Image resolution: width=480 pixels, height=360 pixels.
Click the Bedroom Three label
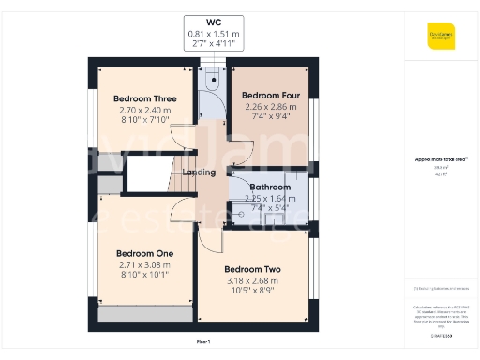(x=145, y=98)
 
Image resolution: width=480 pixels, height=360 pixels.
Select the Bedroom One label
(x=145, y=253)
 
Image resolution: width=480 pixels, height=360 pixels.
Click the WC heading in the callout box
(x=213, y=21)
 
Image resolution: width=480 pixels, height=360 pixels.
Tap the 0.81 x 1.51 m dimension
(x=213, y=34)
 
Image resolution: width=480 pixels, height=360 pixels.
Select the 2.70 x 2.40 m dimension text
(x=145, y=110)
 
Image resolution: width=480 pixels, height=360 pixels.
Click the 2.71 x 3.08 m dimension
(x=145, y=265)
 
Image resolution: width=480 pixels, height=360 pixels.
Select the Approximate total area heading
(x=442, y=159)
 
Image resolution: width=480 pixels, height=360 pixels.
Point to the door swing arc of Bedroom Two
(x=211, y=240)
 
